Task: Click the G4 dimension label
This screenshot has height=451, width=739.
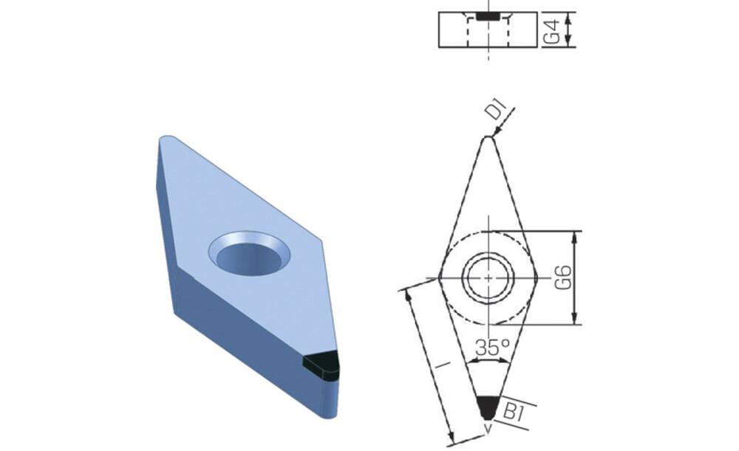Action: (552, 31)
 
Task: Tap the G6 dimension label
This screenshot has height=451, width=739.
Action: (563, 278)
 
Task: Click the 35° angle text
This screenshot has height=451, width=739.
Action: (492, 348)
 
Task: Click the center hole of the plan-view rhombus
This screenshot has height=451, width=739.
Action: (488, 278)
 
